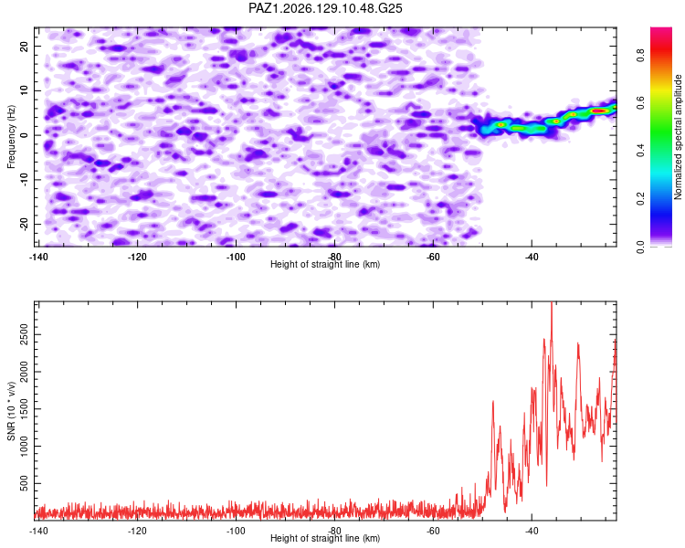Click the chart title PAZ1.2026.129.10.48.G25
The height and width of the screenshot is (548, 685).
[325, 8]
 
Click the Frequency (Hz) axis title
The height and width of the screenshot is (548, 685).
[11, 137]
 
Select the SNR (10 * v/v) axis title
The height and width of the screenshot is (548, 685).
[11, 411]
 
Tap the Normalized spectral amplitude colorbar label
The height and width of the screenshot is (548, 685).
[678, 137]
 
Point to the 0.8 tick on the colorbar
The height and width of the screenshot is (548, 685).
[640, 56]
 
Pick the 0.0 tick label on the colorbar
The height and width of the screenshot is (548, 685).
[640, 247]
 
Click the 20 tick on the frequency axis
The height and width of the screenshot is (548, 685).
[25, 46]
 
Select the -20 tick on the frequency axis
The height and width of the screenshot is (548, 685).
[25, 224]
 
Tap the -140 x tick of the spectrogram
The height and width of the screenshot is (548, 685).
[38, 257]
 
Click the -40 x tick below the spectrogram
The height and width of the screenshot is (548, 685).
[532, 257]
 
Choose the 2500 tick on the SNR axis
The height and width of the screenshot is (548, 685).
[25, 335]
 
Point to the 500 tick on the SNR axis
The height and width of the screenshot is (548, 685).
[25, 483]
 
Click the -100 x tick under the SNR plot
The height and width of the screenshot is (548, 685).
[236, 531]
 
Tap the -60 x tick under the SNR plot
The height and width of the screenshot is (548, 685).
[433, 531]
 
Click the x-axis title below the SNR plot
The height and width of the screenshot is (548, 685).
[325, 538]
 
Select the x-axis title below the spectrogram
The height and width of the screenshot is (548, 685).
[325, 264]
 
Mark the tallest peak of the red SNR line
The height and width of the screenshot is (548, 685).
[552, 302]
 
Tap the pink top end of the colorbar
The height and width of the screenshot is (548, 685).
[661, 30]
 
